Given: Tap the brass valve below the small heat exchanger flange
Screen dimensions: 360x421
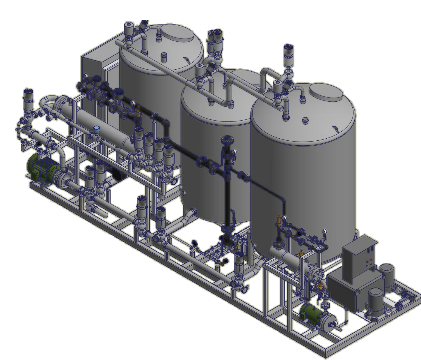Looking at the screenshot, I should (x=320, y=287).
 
